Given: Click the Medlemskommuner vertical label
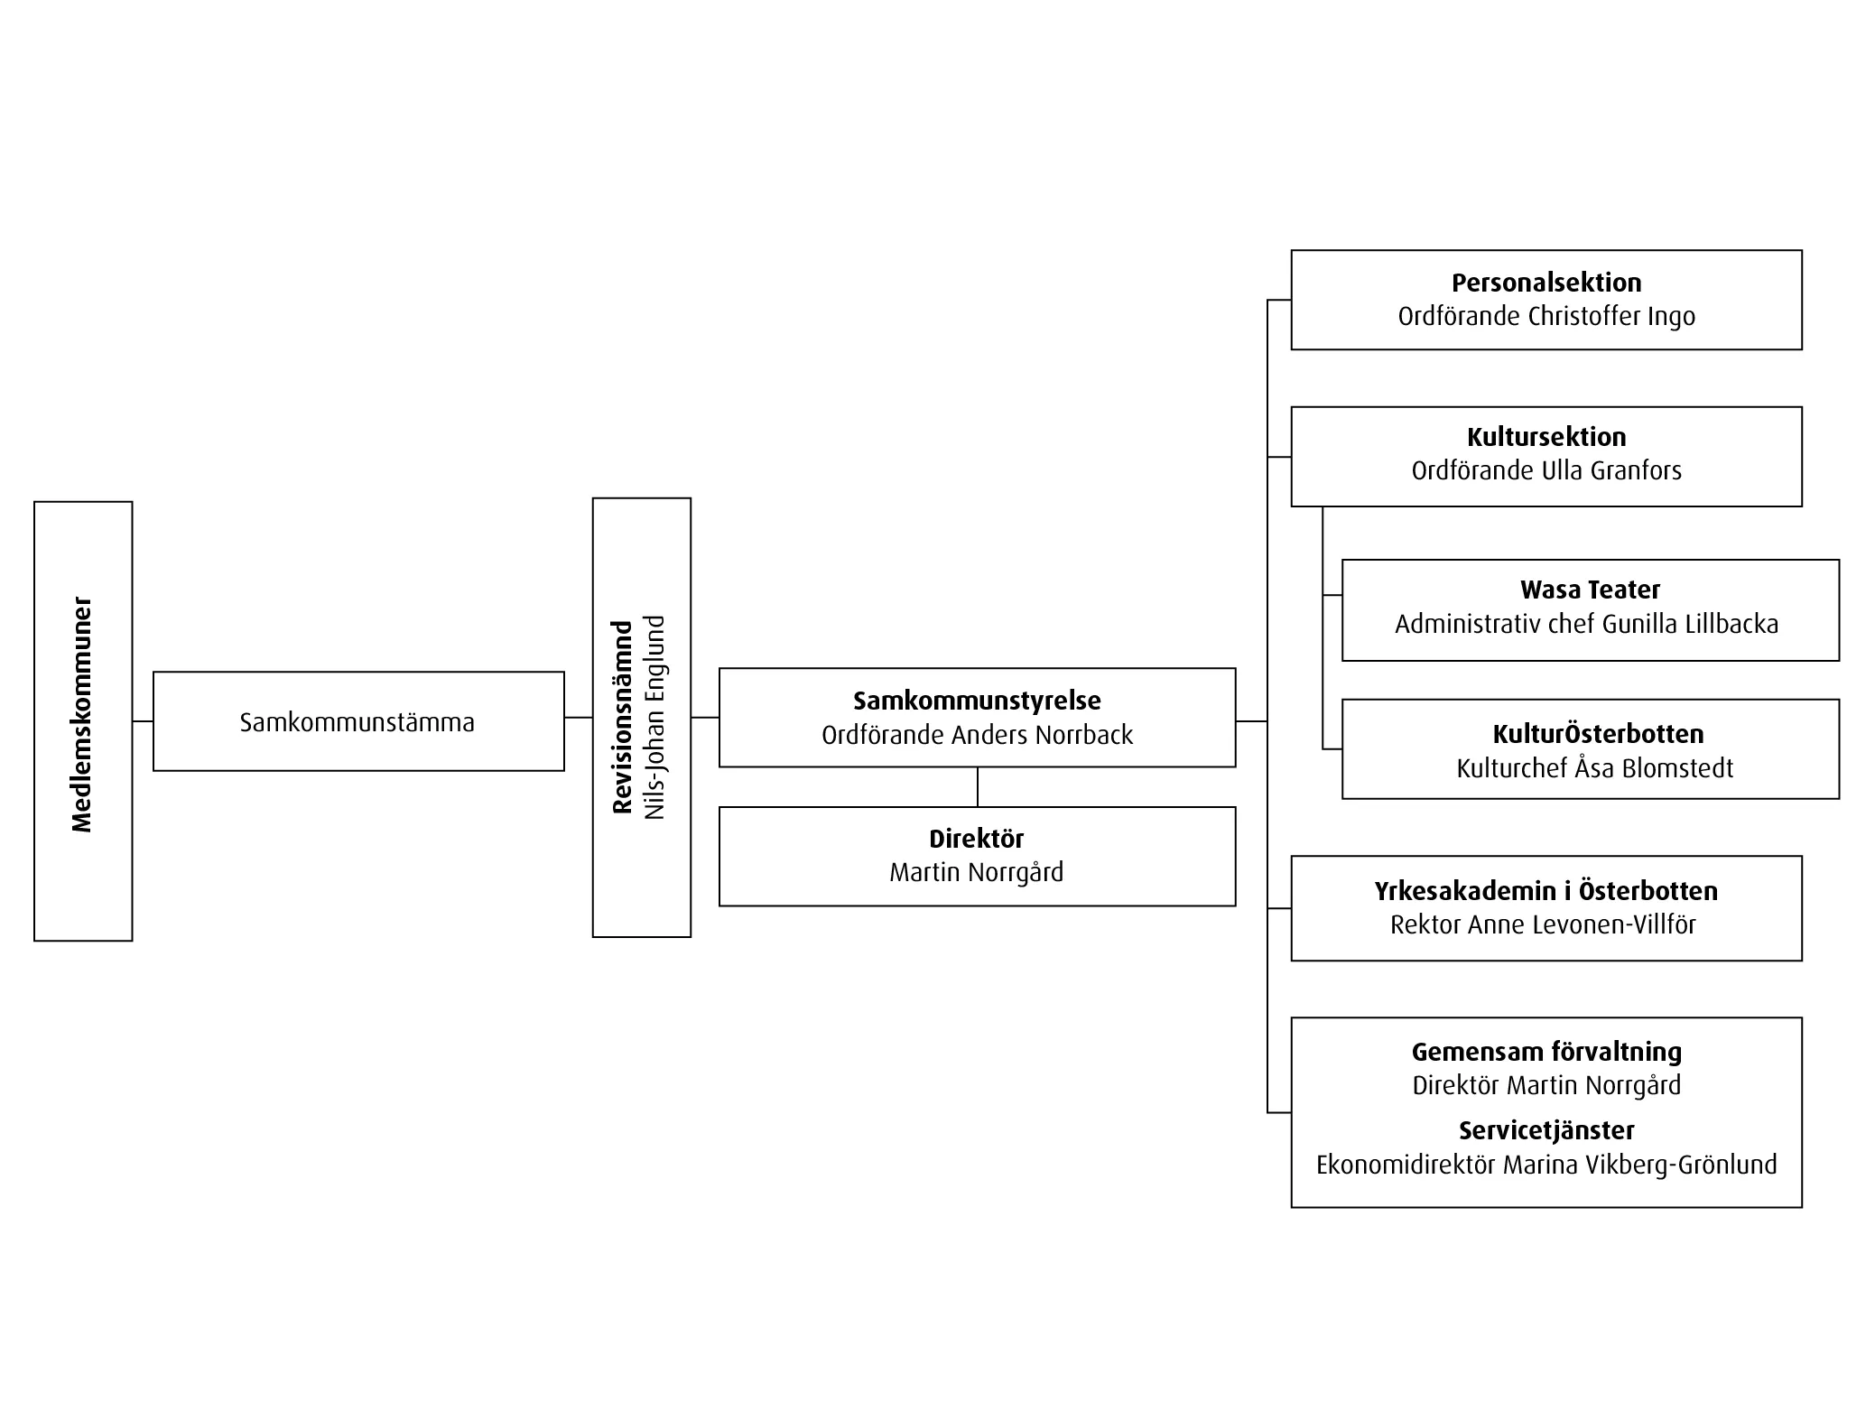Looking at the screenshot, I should [82, 714].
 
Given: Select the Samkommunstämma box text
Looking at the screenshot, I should [357, 722].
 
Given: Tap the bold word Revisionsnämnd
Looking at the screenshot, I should [622, 717].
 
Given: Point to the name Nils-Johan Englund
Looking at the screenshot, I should [654, 717].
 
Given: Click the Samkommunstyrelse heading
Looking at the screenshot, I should [977, 701].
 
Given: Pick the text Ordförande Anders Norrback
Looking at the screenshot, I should [977, 735].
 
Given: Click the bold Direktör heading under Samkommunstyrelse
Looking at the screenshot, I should [977, 839].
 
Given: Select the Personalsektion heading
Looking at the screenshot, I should [1546, 283].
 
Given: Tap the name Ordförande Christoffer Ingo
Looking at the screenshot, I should [1546, 316].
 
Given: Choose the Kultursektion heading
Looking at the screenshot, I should [1546, 437].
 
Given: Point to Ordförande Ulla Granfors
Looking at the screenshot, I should [1546, 470].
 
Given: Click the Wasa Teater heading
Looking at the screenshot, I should [1590, 590].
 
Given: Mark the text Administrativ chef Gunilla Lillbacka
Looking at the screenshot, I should [1586, 624].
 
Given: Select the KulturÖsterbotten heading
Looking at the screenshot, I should [1598, 734].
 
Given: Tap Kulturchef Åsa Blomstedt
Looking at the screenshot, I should [1594, 768].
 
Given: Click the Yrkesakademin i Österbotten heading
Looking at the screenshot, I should [1545, 891].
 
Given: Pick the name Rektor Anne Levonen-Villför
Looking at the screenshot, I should [1543, 924].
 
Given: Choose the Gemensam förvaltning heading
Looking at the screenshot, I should [1546, 1052].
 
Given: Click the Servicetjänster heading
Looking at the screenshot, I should [1546, 1130].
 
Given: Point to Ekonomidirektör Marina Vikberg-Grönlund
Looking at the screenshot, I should [1546, 1165].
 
